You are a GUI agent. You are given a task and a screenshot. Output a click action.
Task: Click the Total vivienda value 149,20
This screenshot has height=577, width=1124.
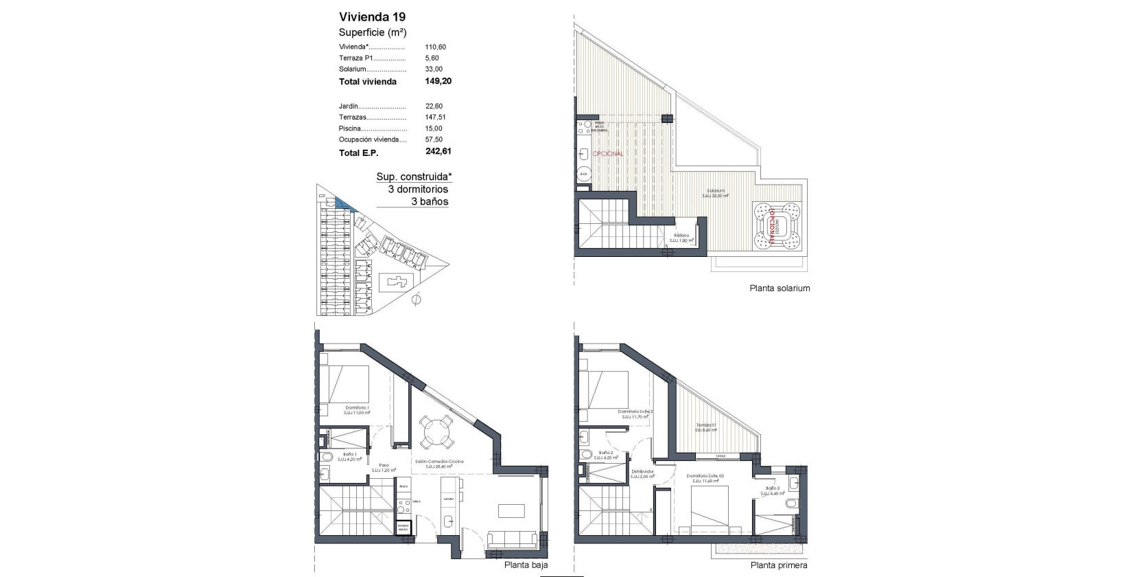(438, 81)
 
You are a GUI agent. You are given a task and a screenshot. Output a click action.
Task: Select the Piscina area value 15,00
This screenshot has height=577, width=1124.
(434, 128)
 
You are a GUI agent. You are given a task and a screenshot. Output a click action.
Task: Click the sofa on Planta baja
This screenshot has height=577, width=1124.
(512, 540)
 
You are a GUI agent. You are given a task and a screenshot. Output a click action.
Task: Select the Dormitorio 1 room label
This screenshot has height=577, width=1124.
(358, 408)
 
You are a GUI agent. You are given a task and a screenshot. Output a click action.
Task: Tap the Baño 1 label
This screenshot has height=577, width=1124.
(349, 455)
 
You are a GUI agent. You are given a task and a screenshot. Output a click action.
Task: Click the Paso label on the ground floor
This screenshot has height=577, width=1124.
(384, 465)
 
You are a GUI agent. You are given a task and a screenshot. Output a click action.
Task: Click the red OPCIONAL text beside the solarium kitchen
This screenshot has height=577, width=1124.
(608, 154)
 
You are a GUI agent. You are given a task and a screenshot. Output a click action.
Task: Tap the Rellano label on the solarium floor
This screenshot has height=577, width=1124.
(681, 236)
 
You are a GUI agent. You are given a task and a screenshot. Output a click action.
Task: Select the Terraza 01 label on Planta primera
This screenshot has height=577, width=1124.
(706, 425)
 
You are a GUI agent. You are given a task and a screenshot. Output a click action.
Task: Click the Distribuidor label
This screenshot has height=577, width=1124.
(642, 472)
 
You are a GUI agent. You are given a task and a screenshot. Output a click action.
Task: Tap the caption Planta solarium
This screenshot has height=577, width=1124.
(780, 288)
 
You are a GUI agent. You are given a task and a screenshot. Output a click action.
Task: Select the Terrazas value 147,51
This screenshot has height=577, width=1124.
(435, 117)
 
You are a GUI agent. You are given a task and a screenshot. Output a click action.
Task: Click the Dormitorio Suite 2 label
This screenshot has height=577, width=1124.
(635, 411)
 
